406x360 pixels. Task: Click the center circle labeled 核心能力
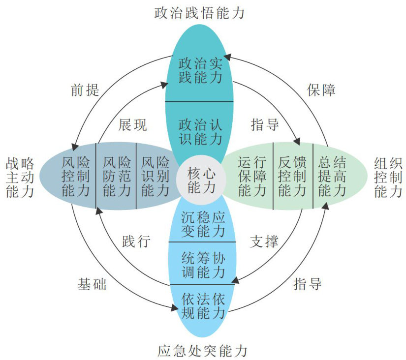201,180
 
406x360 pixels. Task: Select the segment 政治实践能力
201,70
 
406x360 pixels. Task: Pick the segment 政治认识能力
201,131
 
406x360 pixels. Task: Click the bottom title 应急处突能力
202,351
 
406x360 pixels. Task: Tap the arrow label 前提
85,90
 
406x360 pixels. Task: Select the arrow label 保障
322,90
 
